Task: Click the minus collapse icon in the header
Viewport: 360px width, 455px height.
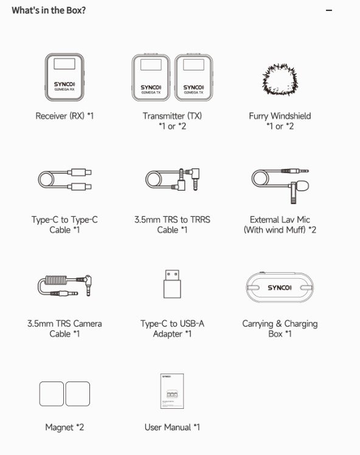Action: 329,10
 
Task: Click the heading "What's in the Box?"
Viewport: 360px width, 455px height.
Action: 49,10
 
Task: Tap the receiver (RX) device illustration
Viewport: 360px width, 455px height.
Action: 64,77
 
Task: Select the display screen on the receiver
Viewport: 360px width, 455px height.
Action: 64,64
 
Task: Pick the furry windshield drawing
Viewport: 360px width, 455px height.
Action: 280,80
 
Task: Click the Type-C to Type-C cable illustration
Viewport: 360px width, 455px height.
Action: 64,179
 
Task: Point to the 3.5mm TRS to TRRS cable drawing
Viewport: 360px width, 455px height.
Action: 172,179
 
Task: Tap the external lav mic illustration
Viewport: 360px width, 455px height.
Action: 280,186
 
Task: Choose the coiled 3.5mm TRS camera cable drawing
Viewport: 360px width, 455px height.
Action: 64,286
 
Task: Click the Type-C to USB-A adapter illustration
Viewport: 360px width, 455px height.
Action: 172,284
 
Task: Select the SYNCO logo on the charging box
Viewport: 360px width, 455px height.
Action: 280,287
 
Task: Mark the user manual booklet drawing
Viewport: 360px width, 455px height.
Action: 172,391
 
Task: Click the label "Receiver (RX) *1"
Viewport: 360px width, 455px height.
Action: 64,116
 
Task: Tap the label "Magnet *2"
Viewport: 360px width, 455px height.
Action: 64,427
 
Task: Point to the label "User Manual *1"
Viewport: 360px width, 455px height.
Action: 172,427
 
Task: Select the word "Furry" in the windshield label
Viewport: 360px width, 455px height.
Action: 258,117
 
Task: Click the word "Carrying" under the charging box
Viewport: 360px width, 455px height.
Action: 258,324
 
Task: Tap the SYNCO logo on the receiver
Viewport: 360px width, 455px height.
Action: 64,84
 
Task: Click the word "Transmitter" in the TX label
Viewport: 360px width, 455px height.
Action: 164,116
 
